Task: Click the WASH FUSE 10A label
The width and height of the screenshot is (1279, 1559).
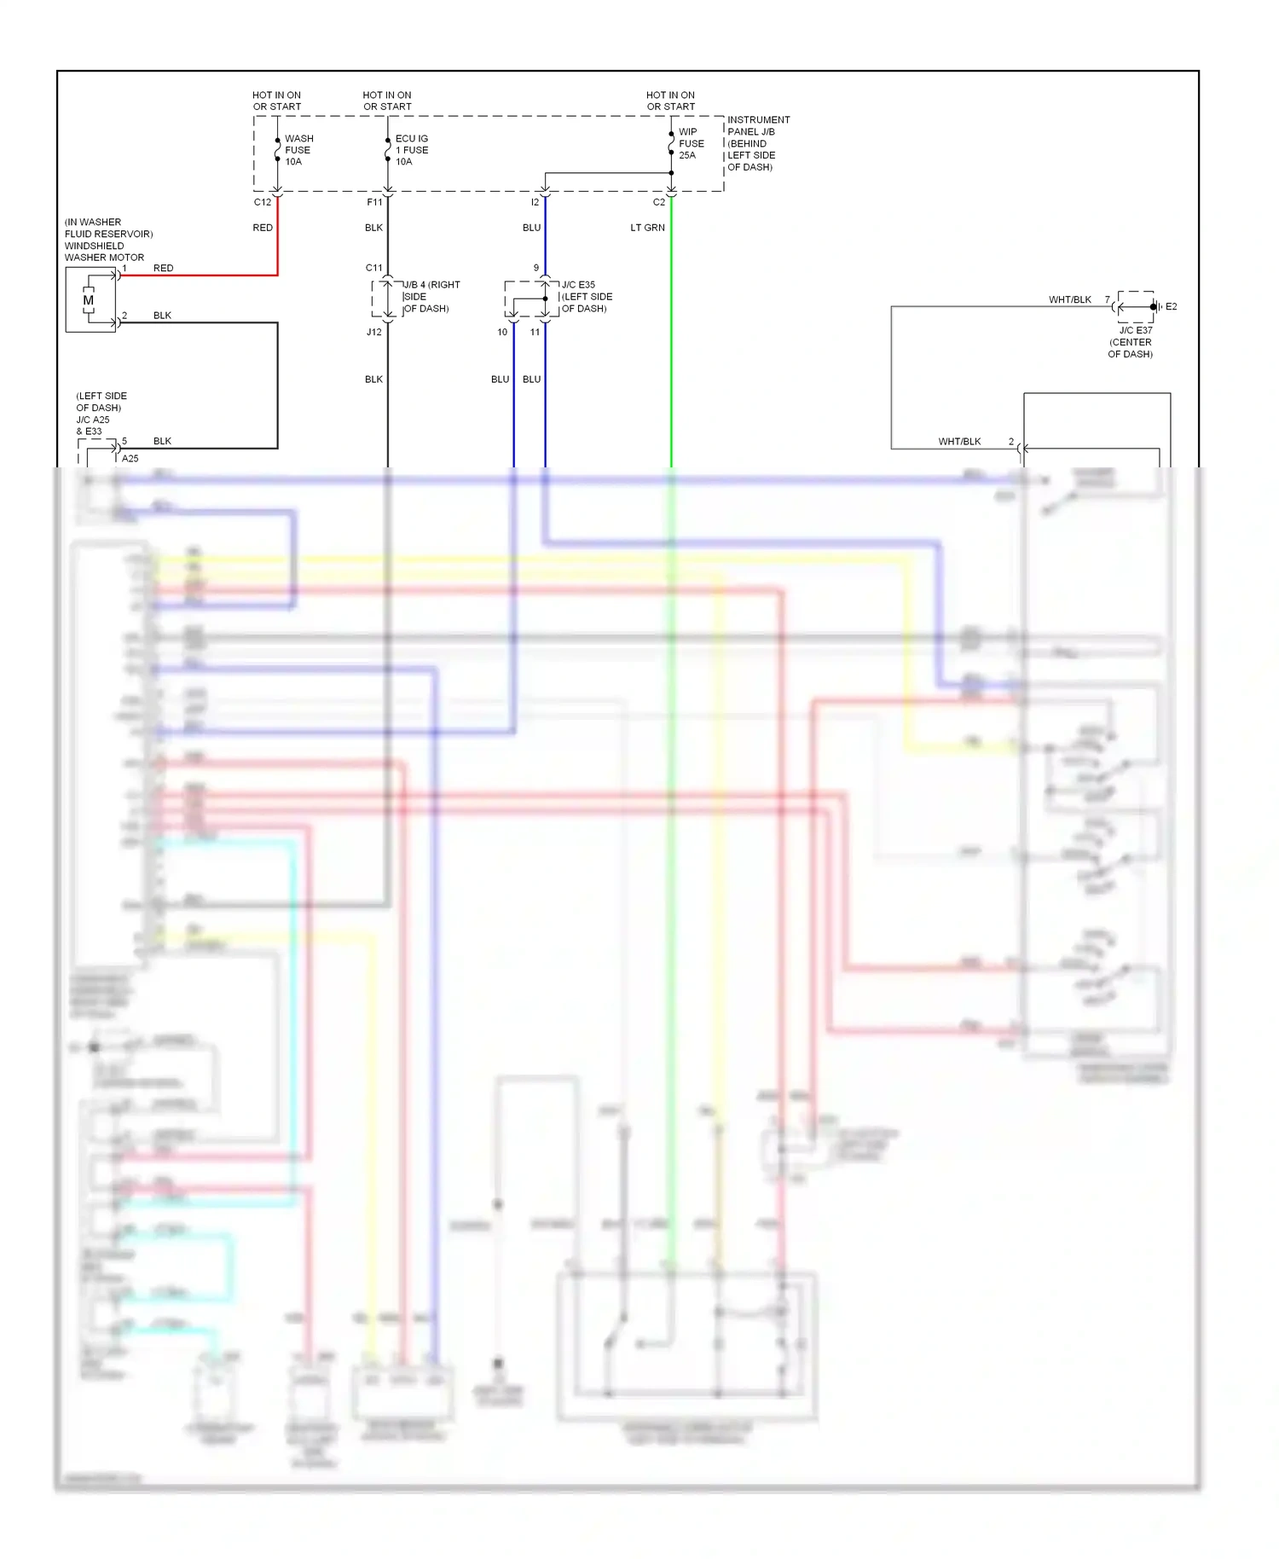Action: (298, 150)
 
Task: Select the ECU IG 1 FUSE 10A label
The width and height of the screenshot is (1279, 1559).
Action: (411, 150)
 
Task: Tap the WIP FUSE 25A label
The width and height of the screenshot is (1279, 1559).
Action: (691, 143)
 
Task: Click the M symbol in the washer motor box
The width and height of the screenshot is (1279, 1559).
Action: (88, 300)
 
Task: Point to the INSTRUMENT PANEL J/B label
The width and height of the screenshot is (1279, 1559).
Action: (757, 143)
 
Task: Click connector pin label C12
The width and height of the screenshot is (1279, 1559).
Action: (263, 202)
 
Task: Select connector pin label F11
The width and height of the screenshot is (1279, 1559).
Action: (374, 202)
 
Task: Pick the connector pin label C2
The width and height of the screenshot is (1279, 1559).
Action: (658, 202)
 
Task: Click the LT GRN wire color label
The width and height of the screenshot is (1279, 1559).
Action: (647, 228)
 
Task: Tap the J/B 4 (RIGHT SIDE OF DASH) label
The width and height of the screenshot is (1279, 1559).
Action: (431, 297)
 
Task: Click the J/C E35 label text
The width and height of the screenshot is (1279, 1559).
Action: (578, 285)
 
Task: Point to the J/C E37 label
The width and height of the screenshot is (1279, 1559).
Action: (1135, 330)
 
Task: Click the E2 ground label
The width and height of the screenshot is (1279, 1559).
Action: (1171, 306)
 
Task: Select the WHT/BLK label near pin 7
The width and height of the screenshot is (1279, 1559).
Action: (1069, 299)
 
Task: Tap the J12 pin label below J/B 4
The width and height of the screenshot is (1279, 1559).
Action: (373, 332)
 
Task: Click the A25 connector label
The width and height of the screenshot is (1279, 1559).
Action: (130, 458)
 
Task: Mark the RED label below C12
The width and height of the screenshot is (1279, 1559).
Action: (263, 228)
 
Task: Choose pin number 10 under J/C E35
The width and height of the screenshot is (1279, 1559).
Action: (502, 332)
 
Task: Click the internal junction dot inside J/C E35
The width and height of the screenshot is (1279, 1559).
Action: (545, 298)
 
